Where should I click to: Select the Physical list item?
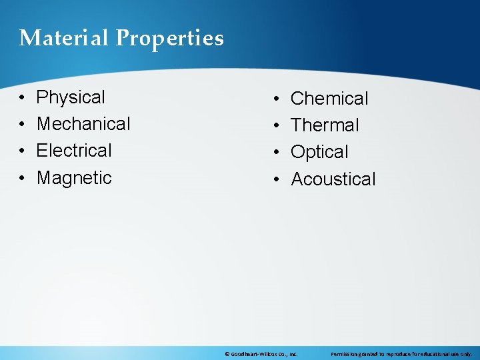pyautogui.click(x=71, y=97)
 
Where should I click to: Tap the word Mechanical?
pyautogui.click(x=83, y=124)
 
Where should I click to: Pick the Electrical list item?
pyautogui.click(x=74, y=151)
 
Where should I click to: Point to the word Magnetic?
pyautogui.click(x=74, y=178)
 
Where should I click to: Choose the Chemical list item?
pyautogui.click(x=329, y=99)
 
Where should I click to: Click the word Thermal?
pyautogui.click(x=325, y=125)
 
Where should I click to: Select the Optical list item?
pyautogui.click(x=319, y=153)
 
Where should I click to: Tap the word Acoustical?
pyautogui.click(x=333, y=179)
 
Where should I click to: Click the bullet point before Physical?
pyautogui.click(x=22, y=98)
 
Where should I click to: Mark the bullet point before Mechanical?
pyautogui.click(x=22, y=125)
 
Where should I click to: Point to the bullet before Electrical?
pyautogui.click(x=22, y=151)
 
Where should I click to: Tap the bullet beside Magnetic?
pyautogui.click(x=22, y=179)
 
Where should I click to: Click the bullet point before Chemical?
pyautogui.click(x=277, y=99)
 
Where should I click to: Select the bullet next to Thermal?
pyautogui.click(x=277, y=126)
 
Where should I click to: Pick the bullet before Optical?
pyautogui.click(x=277, y=153)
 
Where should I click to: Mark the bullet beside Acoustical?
pyautogui.click(x=277, y=180)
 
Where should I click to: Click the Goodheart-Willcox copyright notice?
pyautogui.click(x=261, y=354)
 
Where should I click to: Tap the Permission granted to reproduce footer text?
pyautogui.click(x=401, y=354)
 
